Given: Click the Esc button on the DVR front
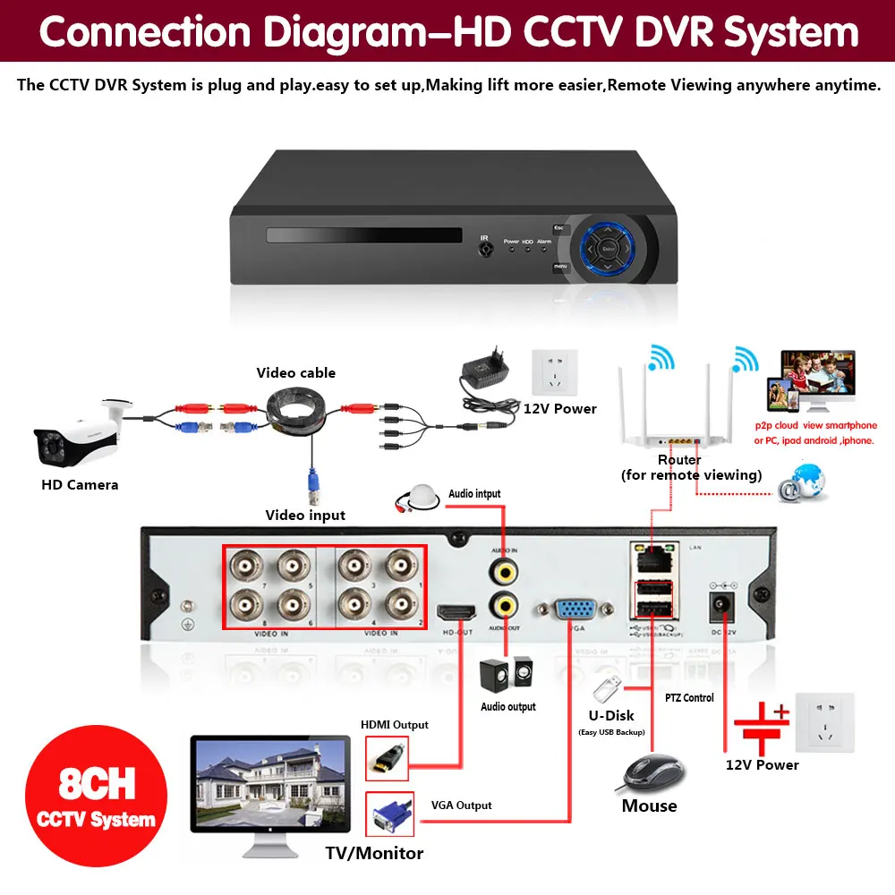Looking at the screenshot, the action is click(561, 229).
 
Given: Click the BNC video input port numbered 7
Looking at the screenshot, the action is click(244, 567).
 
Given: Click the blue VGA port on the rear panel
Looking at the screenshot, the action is click(574, 610).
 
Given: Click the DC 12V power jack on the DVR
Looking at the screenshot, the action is click(722, 609).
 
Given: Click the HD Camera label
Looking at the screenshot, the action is click(80, 485).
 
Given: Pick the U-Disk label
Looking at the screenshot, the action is click(612, 715).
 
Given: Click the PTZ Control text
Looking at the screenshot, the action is click(689, 697).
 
